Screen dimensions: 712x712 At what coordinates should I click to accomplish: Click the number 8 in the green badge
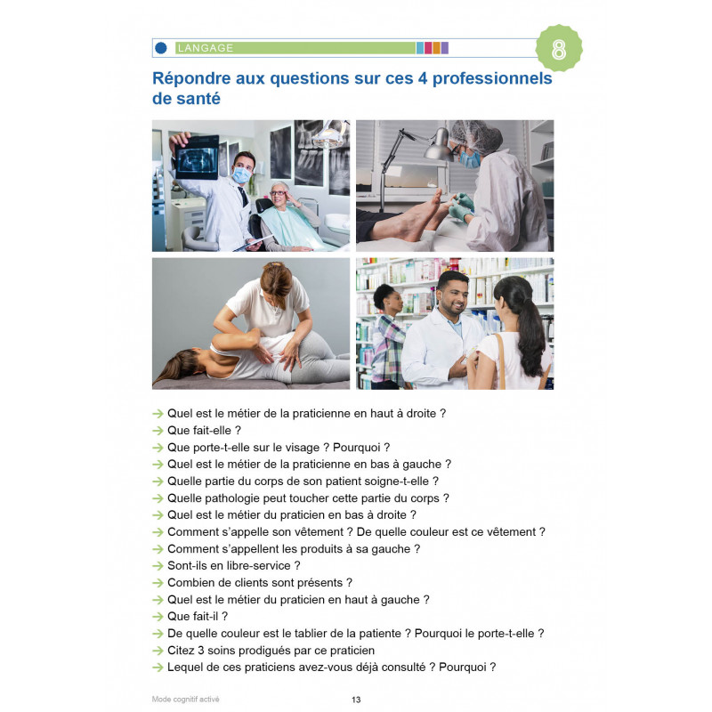pos(559,50)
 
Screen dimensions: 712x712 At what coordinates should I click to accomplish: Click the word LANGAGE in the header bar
pos(206,48)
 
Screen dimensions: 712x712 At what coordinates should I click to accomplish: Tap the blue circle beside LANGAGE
pos(161,48)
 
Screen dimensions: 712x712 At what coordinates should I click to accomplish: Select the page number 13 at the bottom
pos(356,700)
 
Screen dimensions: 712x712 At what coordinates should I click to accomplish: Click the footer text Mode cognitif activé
pos(185,700)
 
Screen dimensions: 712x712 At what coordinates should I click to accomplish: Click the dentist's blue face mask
pos(240,175)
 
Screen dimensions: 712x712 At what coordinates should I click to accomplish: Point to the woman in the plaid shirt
pos(388,338)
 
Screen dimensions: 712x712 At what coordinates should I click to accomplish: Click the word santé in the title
pos(187,101)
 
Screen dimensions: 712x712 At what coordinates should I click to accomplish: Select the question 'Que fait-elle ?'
pos(192,430)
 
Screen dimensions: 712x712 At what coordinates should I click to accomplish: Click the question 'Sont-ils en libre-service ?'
pos(234,565)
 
